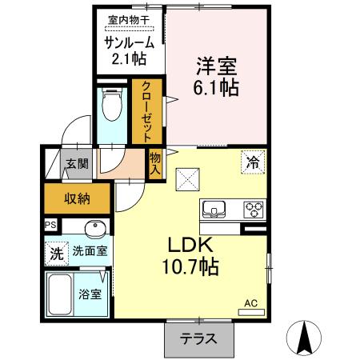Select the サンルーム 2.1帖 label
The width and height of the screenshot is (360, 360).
(x=127, y=50)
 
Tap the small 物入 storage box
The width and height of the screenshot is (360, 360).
(x=155, y=163)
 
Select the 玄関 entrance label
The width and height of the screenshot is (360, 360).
(x=78, y=165)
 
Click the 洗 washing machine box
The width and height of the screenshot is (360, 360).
(x=56, y=254)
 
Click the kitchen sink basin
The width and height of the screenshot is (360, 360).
(x=216, y=210)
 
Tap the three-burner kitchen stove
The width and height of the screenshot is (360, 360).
(x=254, y=210)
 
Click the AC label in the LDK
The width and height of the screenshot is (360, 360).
(x=250, y=303)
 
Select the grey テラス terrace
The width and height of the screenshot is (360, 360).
(x=198, y=338)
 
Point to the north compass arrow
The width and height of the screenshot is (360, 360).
(x=306, y=338)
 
